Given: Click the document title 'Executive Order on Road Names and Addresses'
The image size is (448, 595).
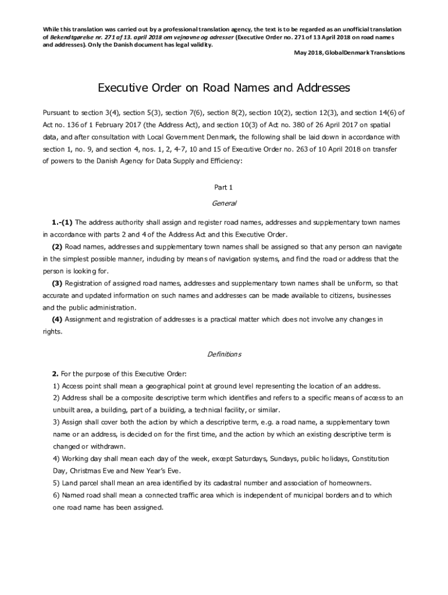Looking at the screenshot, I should coord(223,88).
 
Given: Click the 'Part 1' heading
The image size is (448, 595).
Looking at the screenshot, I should coord(224,187).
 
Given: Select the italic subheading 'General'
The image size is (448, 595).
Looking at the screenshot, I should coord(224,203).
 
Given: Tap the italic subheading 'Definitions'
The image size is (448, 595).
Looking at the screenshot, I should coord(224,354).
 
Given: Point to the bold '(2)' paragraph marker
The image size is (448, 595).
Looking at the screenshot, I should coord(57,247).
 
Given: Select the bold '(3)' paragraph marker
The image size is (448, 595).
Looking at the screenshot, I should coord(57,284).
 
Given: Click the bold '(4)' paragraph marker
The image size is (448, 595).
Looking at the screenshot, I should coord(57,320).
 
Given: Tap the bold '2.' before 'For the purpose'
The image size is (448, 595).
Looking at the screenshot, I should coord(55,373).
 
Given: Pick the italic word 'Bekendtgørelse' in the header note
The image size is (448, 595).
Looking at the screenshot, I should coord(72,37).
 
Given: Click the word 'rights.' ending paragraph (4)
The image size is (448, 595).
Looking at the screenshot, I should coord(52,332).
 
